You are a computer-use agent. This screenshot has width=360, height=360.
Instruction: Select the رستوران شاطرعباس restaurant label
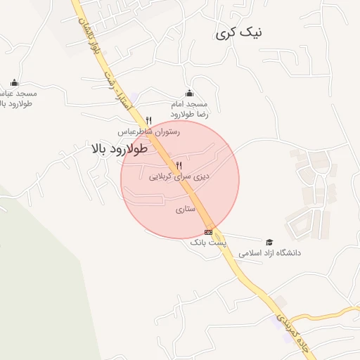pyautogui.click(x=148, y=131)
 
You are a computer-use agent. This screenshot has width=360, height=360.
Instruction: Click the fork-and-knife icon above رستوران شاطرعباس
pyautogui.click(x=148, y=120)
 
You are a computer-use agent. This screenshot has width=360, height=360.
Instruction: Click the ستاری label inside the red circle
pyautogui.click(x=183, y=209)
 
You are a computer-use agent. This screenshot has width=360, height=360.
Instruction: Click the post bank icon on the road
pyautogui.click(x=208, y=231)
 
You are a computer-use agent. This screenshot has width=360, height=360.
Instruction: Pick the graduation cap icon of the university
pyautogui.click(x=269, y=241)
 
